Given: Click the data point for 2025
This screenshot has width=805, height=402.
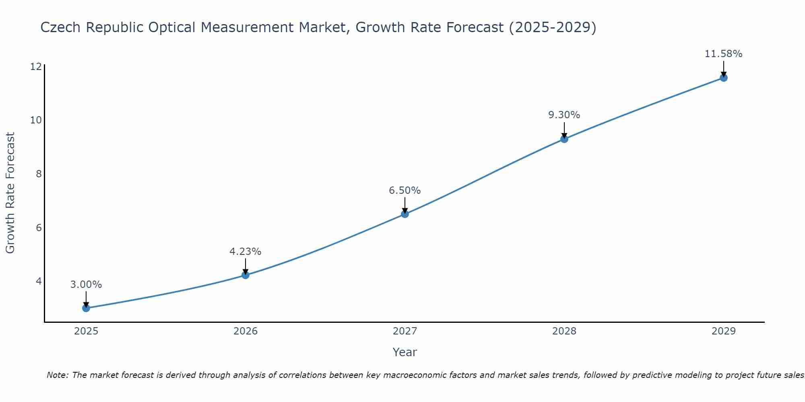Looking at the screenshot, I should [x=86, y=308].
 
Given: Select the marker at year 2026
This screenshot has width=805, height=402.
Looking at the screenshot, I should [x=246, y=275].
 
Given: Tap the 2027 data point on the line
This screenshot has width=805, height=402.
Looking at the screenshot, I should [x=405, y=214].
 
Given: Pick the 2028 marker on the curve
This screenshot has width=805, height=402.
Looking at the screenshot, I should [x=564, y=139].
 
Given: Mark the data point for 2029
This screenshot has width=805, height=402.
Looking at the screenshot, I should [x=724, y=78].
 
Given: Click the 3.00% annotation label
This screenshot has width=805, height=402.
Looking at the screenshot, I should [x=86, y=285].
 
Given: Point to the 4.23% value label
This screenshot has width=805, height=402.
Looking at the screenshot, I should [x=246, y=252].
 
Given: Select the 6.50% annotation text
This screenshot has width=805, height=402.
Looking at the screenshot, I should [x=405, y=191].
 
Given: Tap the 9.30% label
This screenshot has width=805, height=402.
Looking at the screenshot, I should [x=564, y=115].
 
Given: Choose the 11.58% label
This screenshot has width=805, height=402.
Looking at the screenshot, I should [x=724, y=54].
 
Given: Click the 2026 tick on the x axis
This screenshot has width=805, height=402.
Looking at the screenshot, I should [x=246, y=331].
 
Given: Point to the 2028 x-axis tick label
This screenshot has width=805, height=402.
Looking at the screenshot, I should [x=564, y=331].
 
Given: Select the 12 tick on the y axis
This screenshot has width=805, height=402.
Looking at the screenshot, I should [x=36, y=66].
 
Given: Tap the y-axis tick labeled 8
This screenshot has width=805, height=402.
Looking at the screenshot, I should [x=39, y=174].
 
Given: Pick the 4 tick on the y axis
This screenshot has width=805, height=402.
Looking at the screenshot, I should [x=39, y=281].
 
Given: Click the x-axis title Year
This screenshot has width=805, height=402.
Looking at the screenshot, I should [x=405, y=352].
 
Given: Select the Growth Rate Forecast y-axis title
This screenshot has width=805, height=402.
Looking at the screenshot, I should [x=10, y=193].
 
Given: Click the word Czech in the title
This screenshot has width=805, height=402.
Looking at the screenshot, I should [x=61, y=27].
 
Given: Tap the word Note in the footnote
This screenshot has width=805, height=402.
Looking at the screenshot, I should [x=58, y=375].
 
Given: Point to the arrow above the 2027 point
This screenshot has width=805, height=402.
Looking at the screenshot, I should [x=405, y=205].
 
